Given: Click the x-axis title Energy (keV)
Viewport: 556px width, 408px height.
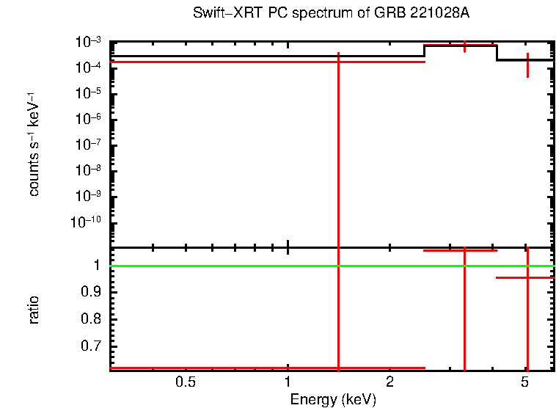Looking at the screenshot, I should point(333,399).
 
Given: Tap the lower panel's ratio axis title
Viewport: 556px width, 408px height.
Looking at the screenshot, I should point(34,310).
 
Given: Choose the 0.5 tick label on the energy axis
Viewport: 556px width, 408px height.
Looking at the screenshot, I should point(186,382).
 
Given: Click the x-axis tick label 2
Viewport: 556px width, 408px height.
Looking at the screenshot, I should point(389,382).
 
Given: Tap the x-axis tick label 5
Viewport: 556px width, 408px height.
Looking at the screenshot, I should point(524,382).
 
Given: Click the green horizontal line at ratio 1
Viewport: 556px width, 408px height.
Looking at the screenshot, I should point(220,266).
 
